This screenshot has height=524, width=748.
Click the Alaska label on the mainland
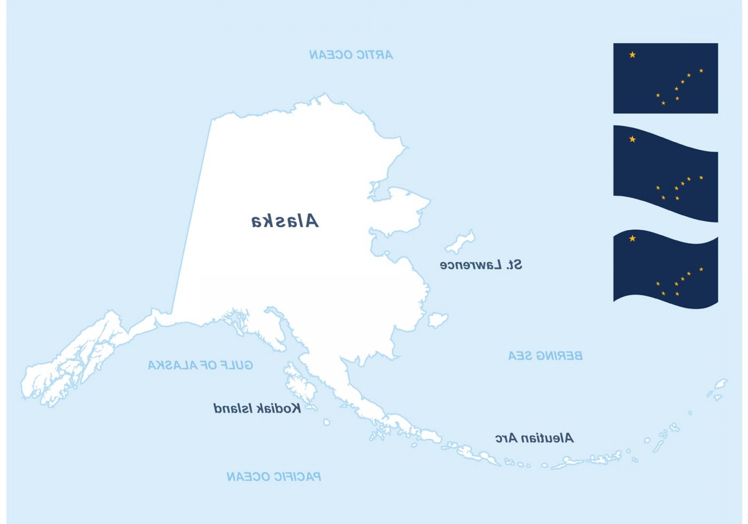(285, 221)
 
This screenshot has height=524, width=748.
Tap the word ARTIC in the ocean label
(374, 55)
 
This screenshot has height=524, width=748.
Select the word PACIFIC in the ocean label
(297, 477)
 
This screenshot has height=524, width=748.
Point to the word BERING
(559, 356)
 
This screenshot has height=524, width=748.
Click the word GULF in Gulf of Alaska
(236, 365)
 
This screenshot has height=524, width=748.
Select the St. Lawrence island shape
(460, 242)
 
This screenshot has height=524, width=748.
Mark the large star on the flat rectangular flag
(632, 55)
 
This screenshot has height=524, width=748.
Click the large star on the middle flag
(632, 139)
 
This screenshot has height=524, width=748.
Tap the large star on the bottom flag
(632, 238)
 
